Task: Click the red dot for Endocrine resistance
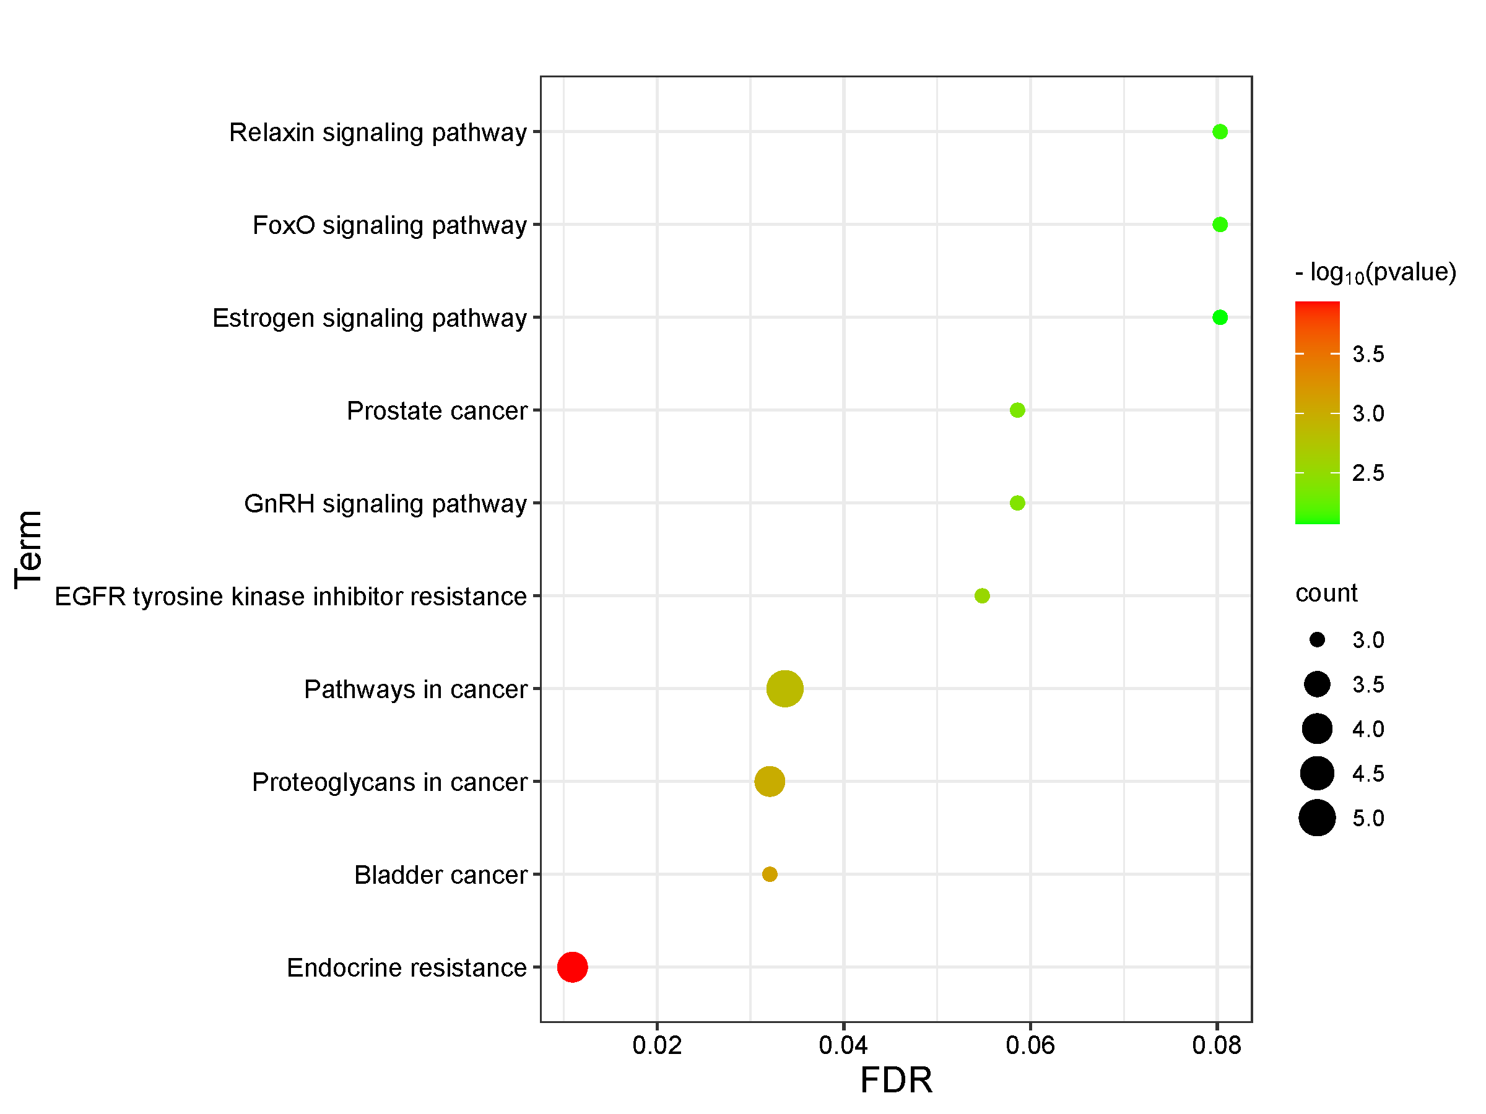pyautogui.click(x=572, y=967)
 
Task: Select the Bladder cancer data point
pyautogui.click(x=770, y=874)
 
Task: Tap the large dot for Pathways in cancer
pyautogui.click(x=784, y=688)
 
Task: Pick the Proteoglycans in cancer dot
pyautogui.click(x=770, y=782)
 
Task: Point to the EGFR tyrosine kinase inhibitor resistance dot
pyautogui.click(x=982, y=595)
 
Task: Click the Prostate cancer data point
pyautogui.click(x=1017, y=410)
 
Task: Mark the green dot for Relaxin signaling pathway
pyautogui.click(x=1220, y=132)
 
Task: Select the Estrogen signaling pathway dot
pyautogui.click(x=1220, y=317)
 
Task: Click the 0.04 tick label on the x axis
pyautogui.click(x=843, y=1045)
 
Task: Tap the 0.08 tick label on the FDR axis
pyautogui.click(x=1217, y=1045)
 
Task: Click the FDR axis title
pyautogui.click(x=896, y=1081)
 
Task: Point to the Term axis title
pyautogui.click(x=29, y=550)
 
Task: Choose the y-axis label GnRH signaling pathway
pyautogui.click(x=385, y=504)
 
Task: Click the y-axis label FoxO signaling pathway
pyautogui.click(x=389, y=225)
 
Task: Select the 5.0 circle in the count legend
pyautogui.click(x=1317, y=818)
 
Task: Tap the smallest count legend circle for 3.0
pyautogui.click(x=1317, y=640)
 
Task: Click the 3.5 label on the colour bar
pyautogui.click(x=1368, y=354)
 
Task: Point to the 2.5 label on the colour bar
pyautogui.click(x=1368, y=473)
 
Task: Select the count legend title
pyautogui.click(x=1326, y=593)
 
